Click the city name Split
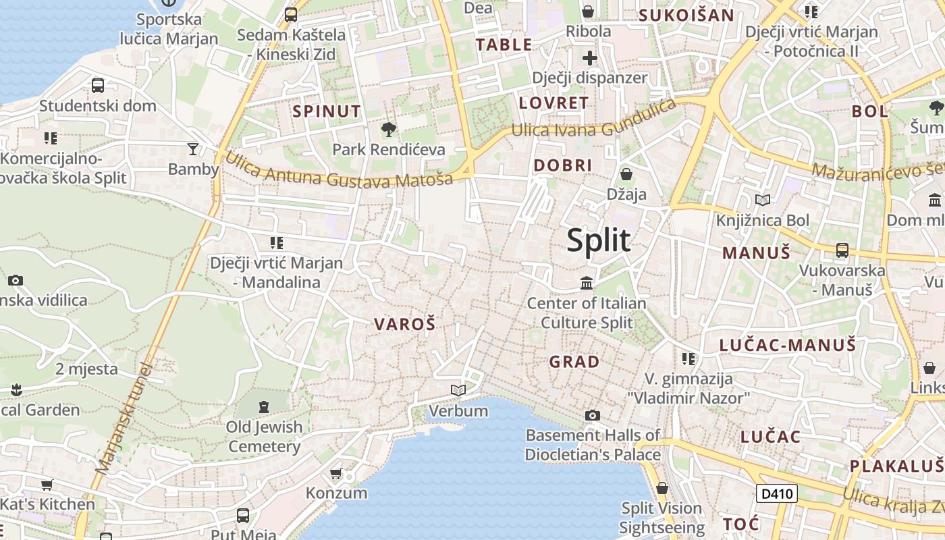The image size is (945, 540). [599, 240]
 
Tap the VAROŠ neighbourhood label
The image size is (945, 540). [405, 324]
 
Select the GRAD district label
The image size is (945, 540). [574, 362]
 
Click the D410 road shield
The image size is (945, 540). [776, 493]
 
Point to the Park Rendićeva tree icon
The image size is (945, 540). [388, 129]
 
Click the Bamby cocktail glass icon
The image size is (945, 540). [193, 148]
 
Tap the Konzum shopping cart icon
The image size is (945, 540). [336, 473]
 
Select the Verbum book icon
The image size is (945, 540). [458, 391]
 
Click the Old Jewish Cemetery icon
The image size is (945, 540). [263, 407]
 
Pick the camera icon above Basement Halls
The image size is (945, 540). [592, 415]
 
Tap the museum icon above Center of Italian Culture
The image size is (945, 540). [587, 283]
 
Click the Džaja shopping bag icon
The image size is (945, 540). [626, 174]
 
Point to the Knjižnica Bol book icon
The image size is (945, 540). [763, 200]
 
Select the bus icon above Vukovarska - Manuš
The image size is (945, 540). [842, 250]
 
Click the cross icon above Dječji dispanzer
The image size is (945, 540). [590, 58]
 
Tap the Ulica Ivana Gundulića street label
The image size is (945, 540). [593, 119]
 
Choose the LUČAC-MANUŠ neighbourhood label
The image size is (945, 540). [788, 345]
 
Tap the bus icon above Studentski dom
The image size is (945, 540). [98, 86]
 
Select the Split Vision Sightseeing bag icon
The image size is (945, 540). [661, 488]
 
